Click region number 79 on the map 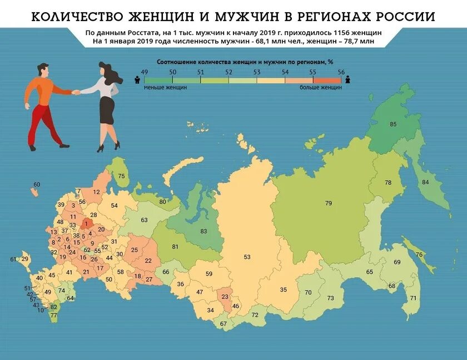tap(328, 203)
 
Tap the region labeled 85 tap(393, 124)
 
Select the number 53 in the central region tap(247, 257)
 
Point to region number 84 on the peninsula tap(425, 182)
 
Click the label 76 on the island tap(419, 254)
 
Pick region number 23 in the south tap(225, 297)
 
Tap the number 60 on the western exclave tap(37, 184)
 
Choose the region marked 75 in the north tap(121, 176)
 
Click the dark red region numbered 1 tap(86, 224)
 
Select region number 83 tap(203, 231)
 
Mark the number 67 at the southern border tap(223, 323)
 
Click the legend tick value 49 tap(145, 72)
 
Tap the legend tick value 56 tap(341, 72)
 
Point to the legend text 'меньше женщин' tap(165, 87)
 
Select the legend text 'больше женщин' tap(321, 87)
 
